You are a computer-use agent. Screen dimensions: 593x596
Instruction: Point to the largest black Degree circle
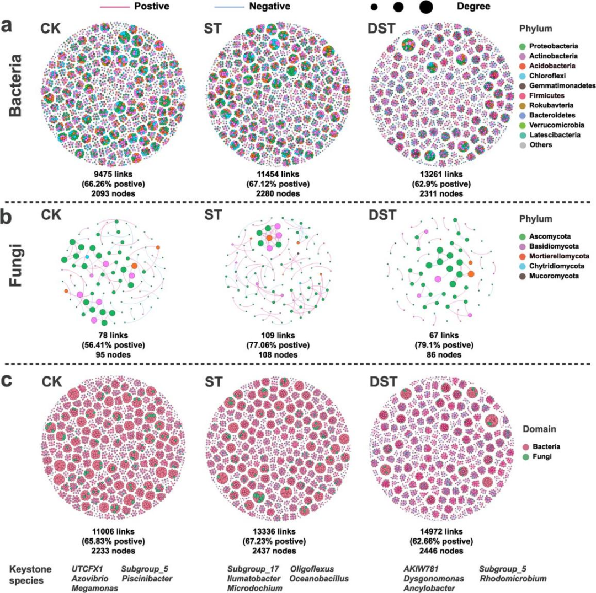click(x=425, y=7)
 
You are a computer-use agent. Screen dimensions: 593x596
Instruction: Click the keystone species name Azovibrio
click(x=89, y=579)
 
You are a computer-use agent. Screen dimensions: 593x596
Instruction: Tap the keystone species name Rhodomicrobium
click(x=512, y=579)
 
